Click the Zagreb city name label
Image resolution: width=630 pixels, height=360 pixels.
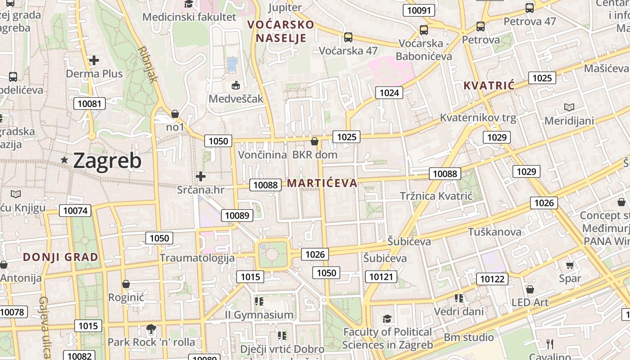(107, 161)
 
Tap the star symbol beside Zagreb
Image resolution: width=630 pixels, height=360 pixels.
(65, 160)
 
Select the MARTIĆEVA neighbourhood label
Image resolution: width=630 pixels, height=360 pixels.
(322, 183)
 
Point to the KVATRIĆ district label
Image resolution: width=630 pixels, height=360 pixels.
(489, 85)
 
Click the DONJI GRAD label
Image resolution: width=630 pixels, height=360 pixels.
(61, 257)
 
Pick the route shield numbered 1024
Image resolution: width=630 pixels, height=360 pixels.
(389, 93)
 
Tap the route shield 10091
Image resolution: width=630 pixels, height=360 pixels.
(419, 10)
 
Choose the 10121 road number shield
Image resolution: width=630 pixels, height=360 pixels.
(381, 276)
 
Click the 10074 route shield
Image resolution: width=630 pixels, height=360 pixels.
(75, 211)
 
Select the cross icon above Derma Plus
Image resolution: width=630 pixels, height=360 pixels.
(94, 60)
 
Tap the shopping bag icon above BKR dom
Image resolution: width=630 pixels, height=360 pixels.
(315, 142)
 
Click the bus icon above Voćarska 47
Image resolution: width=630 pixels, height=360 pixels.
(348, 37)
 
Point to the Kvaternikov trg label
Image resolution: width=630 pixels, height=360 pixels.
(478, 118)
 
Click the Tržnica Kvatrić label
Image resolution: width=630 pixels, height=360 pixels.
(436, 196)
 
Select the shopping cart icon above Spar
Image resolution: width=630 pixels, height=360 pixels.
(570, 265)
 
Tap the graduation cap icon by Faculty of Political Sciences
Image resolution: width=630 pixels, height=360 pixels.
(387, 319)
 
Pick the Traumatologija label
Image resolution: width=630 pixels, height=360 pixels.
(197, 258)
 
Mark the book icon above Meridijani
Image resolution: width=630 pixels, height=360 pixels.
(569, 108)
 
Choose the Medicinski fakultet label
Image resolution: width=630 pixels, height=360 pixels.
(189, 17)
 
